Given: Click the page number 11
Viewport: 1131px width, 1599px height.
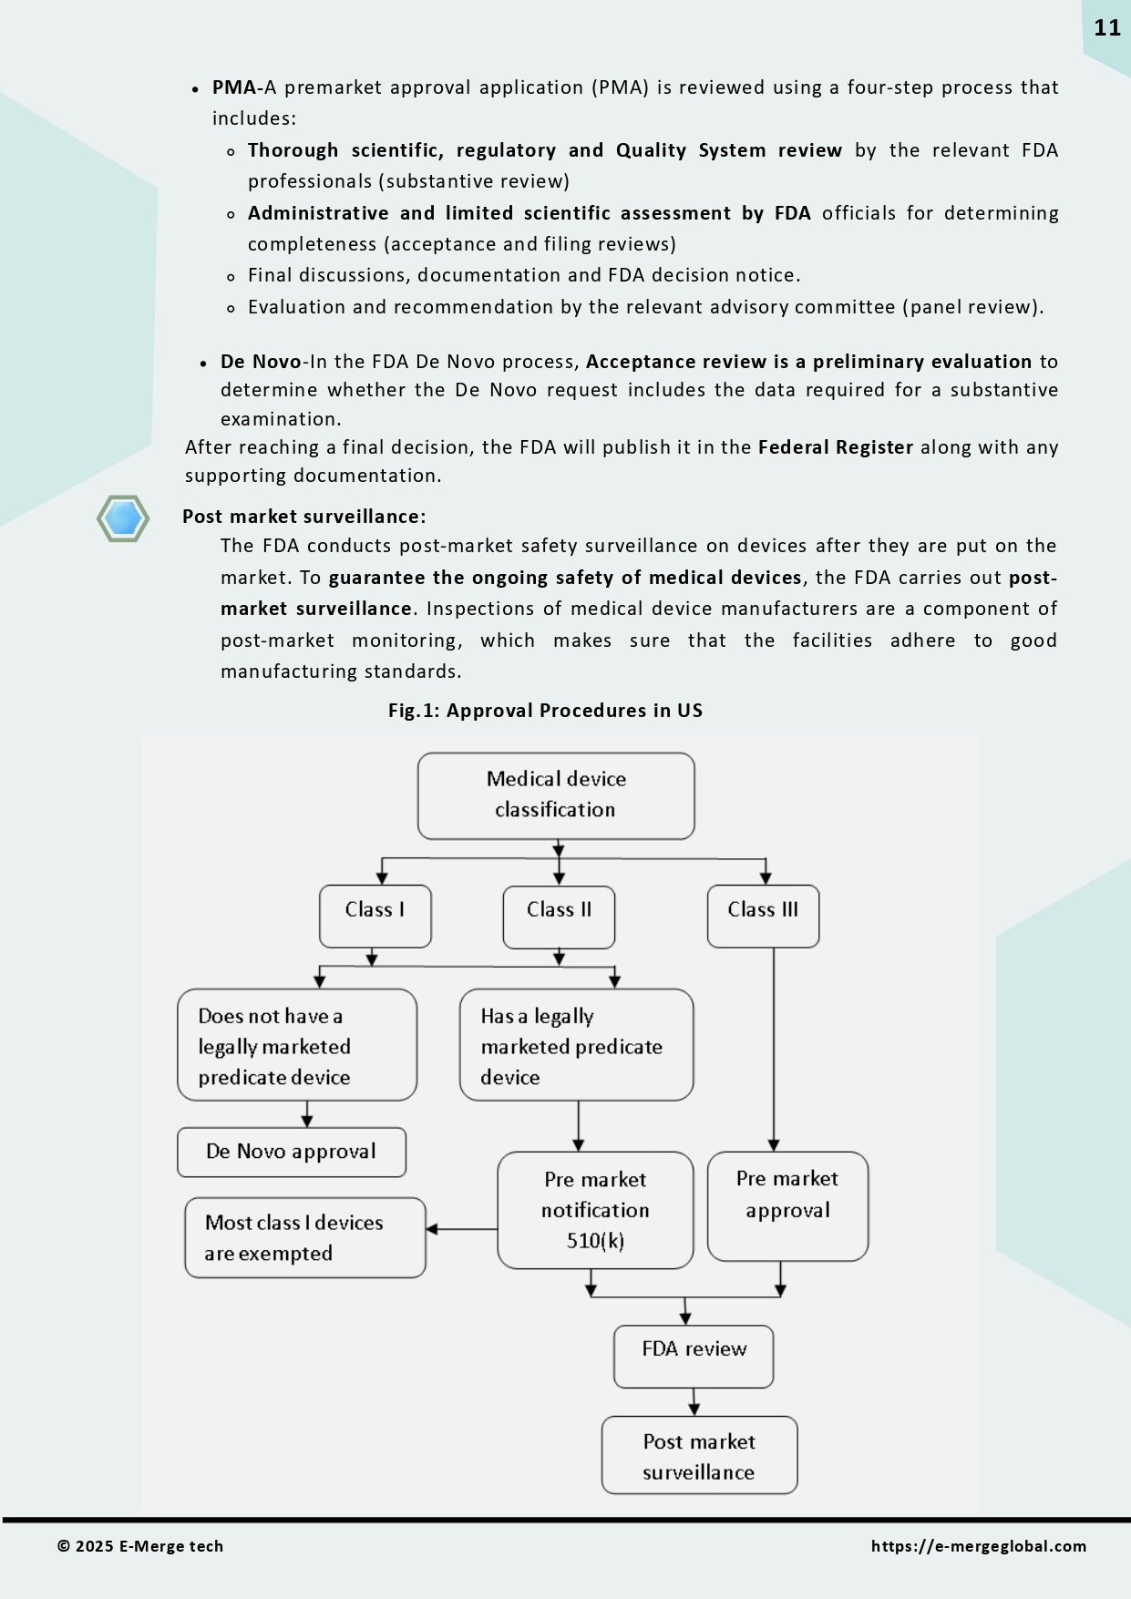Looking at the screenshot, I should click(x=1106, y=28).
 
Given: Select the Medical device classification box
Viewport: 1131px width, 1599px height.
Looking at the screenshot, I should click(x=556, y=795).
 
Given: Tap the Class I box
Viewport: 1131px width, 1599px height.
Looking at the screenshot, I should click(x=375, y=916).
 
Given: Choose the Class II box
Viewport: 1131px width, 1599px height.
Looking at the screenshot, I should click(x=559, y=917).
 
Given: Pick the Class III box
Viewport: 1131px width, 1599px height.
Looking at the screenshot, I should click(x=763, y=916).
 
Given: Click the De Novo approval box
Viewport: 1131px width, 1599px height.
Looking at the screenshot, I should click(x=291, y=1153).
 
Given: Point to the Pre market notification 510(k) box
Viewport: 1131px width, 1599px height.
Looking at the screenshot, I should click(x=595, y=1210).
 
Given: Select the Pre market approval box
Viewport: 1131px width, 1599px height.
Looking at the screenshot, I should click(x=787, y=1206).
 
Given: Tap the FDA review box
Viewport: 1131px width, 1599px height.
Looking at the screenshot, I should click(x=694, y=1356).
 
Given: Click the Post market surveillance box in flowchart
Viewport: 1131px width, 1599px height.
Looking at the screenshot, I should click(x=699, y=1455).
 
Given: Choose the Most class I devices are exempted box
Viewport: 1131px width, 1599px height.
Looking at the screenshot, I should click(x=304, y=1237).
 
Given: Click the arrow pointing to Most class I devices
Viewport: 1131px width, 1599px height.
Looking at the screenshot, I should click(x=460, y=1229).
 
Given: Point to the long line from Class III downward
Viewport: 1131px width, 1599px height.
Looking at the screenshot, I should click(x=774, y=1048).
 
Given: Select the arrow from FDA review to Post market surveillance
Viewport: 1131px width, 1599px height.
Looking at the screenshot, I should click(x=694, y=1402).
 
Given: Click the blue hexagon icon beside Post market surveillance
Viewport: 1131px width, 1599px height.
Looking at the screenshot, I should click(x=123, y=518).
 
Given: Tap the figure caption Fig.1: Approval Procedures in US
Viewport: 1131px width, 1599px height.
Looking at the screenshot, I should click(x=545, y=711).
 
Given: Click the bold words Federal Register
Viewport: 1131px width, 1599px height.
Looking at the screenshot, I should click(x=835, y=447).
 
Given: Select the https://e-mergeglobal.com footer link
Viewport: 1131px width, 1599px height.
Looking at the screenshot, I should click(x=978, y=1546).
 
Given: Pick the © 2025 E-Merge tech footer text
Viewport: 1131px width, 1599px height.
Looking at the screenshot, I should click(x=140, y=1546).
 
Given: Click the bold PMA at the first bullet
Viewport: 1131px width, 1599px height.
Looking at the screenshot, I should click(x=234, y=88).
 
